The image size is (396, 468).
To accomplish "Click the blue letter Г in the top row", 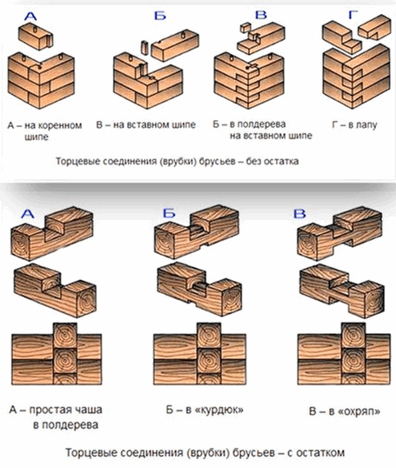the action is [353, 15].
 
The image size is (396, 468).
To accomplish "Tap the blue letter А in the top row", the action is [30, 17].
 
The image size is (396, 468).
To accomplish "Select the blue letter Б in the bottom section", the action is [169, 213].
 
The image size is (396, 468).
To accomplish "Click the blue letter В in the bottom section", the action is [299, 214].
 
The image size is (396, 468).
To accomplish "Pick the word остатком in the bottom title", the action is [321, 453].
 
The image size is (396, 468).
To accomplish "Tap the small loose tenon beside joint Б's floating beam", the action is [144, 48].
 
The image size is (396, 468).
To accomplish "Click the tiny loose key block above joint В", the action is [245, 28].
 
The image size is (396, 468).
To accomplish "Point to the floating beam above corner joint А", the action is [36, 37].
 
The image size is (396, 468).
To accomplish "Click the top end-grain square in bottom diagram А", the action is [64, 335].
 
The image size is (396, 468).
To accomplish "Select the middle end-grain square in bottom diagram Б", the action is [209, 360].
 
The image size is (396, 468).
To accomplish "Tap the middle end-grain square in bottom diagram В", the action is [353, 360].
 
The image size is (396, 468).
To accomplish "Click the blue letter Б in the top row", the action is [160, 16].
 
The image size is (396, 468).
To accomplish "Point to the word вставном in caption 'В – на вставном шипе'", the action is [148, 124].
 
